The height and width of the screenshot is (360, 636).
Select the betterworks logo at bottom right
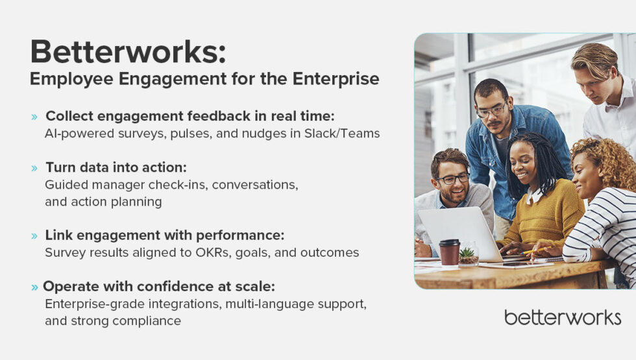[562, 317]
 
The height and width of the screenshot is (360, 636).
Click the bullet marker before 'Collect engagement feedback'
[34, 117]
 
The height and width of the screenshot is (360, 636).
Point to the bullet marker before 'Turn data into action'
[34, 168]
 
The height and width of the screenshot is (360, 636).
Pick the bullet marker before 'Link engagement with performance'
[34, 235]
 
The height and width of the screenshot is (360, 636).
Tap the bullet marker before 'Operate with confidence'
[34, 287]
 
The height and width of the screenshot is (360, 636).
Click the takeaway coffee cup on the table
[449, 252]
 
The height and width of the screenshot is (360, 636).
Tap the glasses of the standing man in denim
[491, 111]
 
